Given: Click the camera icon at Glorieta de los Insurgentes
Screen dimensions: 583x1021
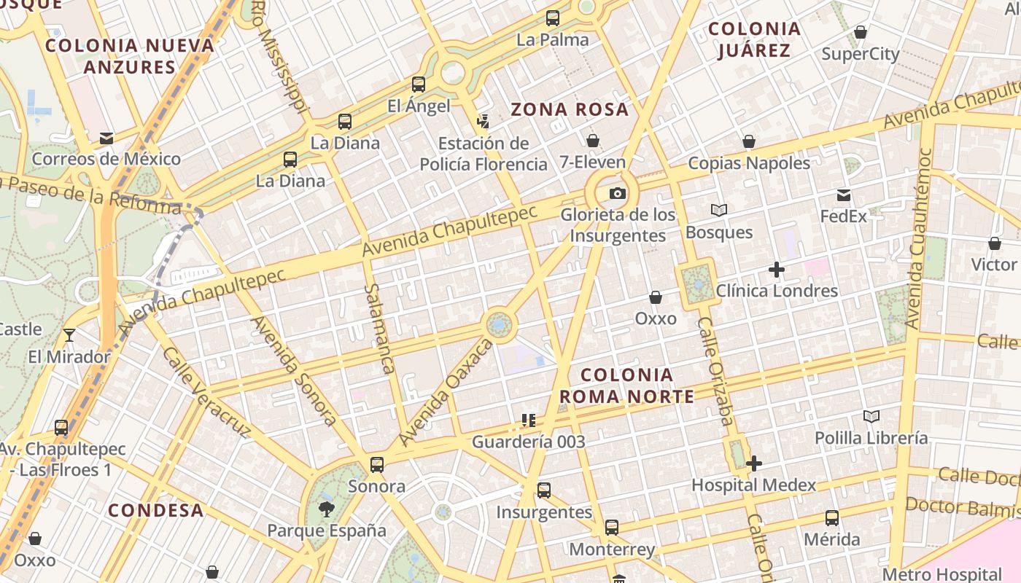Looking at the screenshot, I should (x=618, y=193).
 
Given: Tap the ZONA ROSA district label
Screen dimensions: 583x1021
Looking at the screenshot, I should (x=570, y=110).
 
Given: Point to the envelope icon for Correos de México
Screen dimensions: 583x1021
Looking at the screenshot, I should (x=106, y=138).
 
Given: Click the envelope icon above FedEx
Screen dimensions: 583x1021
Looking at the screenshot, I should (x=844, y=195).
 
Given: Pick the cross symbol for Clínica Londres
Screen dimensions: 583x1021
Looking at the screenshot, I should (x=777, y=270).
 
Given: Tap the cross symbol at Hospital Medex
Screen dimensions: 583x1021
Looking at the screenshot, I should (x=754, y=463).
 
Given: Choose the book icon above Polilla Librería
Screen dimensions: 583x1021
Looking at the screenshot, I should (x=871, y=416).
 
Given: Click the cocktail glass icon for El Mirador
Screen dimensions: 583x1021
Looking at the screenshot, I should (x=69, y=335).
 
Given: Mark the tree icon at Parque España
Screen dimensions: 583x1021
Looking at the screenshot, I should (x=327, y=509).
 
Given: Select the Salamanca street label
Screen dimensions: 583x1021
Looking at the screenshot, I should (x=380, y=329).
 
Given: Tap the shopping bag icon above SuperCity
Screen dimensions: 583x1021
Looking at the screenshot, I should (x=861, y=33).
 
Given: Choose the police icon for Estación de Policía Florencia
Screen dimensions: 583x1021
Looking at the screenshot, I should (x=483, y=120).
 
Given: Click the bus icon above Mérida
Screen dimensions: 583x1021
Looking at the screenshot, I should (x=832, y=518).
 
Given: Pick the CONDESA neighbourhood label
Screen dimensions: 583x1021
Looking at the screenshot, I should (x=155, y=510).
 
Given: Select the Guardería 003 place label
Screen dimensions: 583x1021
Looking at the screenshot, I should (x=529, y=442).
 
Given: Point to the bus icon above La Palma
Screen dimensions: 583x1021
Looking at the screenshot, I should (x=553, y=18).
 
